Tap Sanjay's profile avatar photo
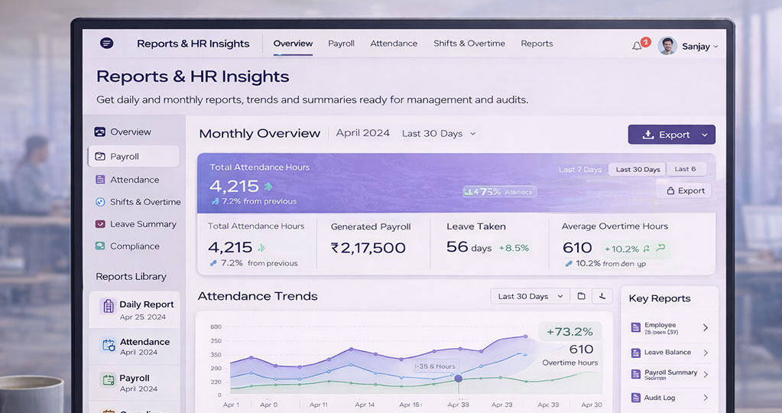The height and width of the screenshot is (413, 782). coord(667,46)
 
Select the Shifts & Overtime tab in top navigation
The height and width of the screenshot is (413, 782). coord(469,44)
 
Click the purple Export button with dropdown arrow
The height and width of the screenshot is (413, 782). coord(671,135)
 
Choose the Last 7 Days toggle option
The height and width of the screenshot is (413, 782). coord(580,170)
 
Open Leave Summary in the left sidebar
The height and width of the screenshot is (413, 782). coord(142,224)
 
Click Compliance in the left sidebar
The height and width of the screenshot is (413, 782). coord(135,246)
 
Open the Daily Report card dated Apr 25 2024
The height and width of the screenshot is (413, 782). coord(135,310)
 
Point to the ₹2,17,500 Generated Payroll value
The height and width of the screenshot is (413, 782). coord(368,248)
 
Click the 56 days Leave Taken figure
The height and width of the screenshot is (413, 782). coord(468,247)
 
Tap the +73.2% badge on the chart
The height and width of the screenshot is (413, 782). coord(570,331)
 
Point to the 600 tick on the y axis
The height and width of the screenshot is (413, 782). coord(216,327)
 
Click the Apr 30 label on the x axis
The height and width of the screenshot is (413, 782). coord(592,405)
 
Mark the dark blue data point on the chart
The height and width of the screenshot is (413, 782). coord(459,378)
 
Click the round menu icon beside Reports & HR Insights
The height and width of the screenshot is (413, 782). coord(107,44)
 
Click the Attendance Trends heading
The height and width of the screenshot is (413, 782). coord(258,296)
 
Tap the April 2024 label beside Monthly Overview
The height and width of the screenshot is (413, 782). coord(363,133)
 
